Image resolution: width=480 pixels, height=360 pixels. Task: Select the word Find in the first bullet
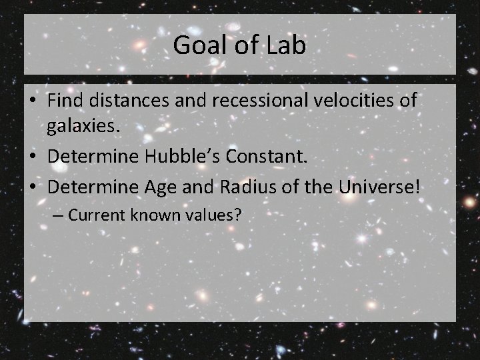pyautogui.click(x=65, y=101)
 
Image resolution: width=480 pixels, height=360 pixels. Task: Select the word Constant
pyautogui.click(x=271, y=158)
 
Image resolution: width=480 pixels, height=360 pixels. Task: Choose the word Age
pyautogui.click(x=158, y=187)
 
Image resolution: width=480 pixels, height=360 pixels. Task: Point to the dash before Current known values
pyautogui.click(x=59, y=215)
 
